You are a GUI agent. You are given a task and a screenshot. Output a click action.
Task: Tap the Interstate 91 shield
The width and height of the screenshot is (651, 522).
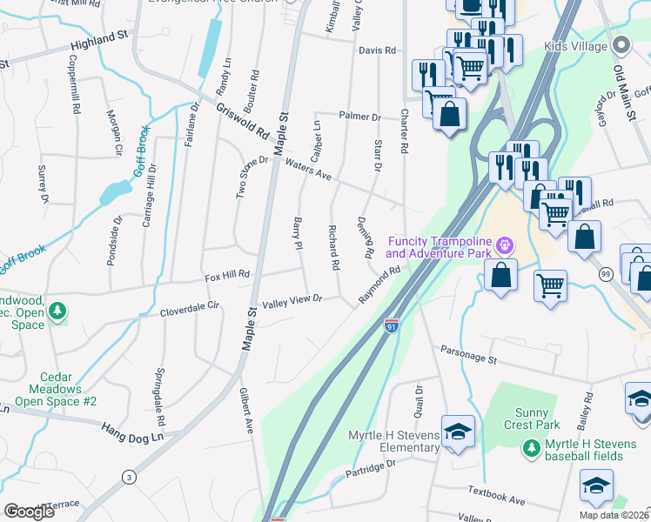click(x=393, y=325)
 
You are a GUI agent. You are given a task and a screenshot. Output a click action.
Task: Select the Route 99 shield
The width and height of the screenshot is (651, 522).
click(x=604, y=274)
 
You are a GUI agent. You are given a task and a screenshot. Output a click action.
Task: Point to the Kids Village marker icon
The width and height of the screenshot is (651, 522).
click(x=621, y=44)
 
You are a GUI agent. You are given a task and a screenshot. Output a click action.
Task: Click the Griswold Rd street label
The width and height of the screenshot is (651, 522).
click(x=243, y=123)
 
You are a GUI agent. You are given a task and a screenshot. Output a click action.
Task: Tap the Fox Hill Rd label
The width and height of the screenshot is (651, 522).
click(x=227, y=276)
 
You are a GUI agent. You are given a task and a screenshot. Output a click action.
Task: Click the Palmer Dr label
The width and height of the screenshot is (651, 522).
click(x=360, y=117)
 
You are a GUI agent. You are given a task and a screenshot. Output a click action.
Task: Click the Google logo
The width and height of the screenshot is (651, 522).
click(x=30, y=512)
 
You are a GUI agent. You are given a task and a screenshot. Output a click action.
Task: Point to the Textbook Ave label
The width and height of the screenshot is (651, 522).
click(x=496, y=496)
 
